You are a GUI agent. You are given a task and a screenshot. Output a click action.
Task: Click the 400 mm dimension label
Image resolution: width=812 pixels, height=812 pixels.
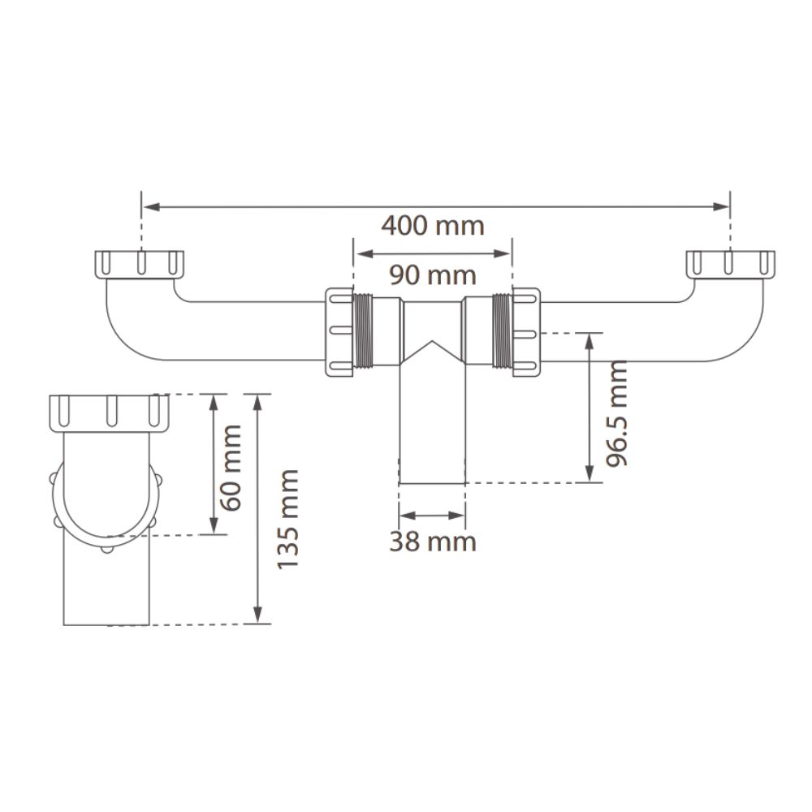click(433, 226)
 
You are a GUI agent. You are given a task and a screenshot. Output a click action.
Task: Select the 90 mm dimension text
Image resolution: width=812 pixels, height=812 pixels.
click(433, 275)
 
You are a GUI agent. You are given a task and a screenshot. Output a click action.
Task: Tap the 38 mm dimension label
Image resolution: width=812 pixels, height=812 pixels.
click(433, 542)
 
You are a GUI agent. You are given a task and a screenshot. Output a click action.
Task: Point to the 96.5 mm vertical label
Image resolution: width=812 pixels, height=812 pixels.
click(617, 413)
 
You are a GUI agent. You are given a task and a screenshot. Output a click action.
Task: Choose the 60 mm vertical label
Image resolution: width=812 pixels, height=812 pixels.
click(231, 468)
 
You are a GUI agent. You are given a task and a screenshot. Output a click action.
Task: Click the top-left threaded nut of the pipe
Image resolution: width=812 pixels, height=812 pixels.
click(140, 264)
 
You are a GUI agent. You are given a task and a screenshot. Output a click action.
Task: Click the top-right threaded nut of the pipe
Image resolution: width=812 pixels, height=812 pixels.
click(730, 264)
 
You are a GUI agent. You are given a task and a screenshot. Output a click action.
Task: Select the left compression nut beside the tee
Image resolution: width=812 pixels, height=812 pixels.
click(339, 331)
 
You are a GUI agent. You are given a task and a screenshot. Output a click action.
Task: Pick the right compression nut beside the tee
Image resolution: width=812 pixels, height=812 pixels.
click(526, 331)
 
